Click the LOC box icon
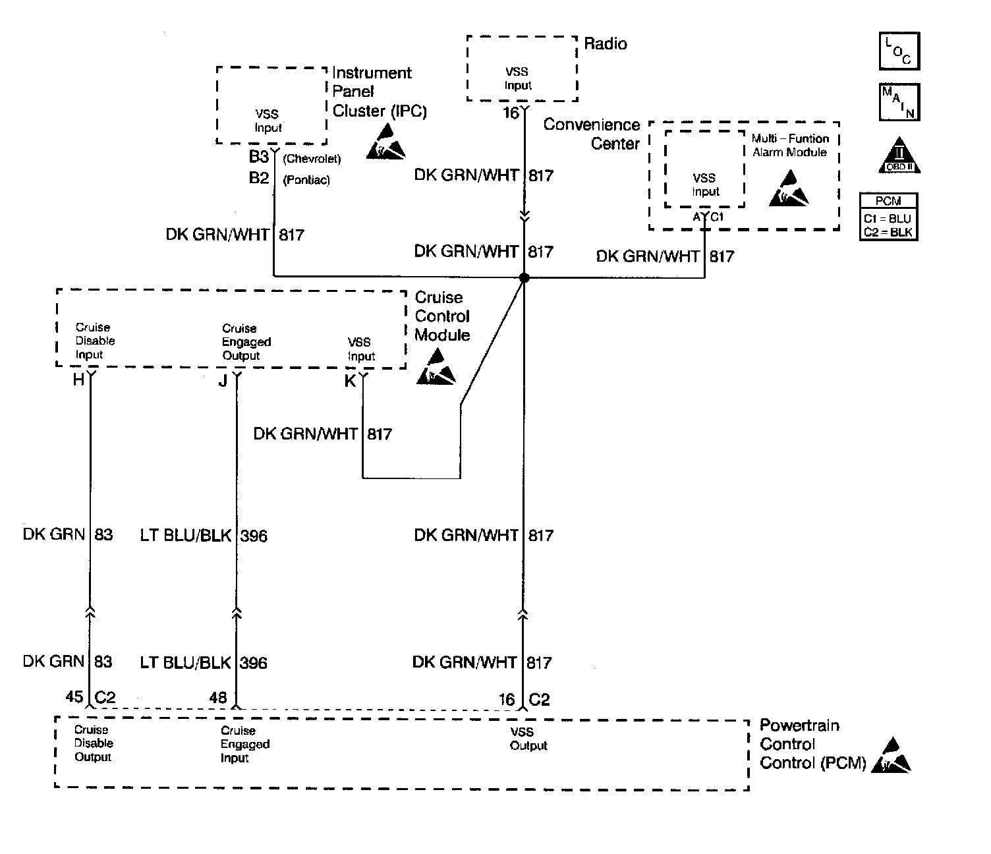pos(899,51)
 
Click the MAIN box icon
pos(899,102)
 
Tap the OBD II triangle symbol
pos(899,155)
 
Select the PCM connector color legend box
pos(888,217)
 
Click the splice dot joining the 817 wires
pos(524,277)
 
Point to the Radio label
pos(605,43)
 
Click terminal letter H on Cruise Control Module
pos(78,380)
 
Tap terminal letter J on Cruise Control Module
pos(223,381)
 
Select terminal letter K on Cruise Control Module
pos(351,382)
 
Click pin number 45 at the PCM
pos(74,697)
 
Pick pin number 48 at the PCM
pos(218,697)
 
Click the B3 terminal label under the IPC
pos(259,156)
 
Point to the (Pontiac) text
pos(306,180)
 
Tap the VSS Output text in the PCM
pos(528,739)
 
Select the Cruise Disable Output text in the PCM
pos(94,743)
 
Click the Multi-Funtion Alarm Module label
pos(790,145)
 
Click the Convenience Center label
pos(592,134)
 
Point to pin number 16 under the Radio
pos(511,113)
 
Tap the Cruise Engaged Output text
pos(246,342)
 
